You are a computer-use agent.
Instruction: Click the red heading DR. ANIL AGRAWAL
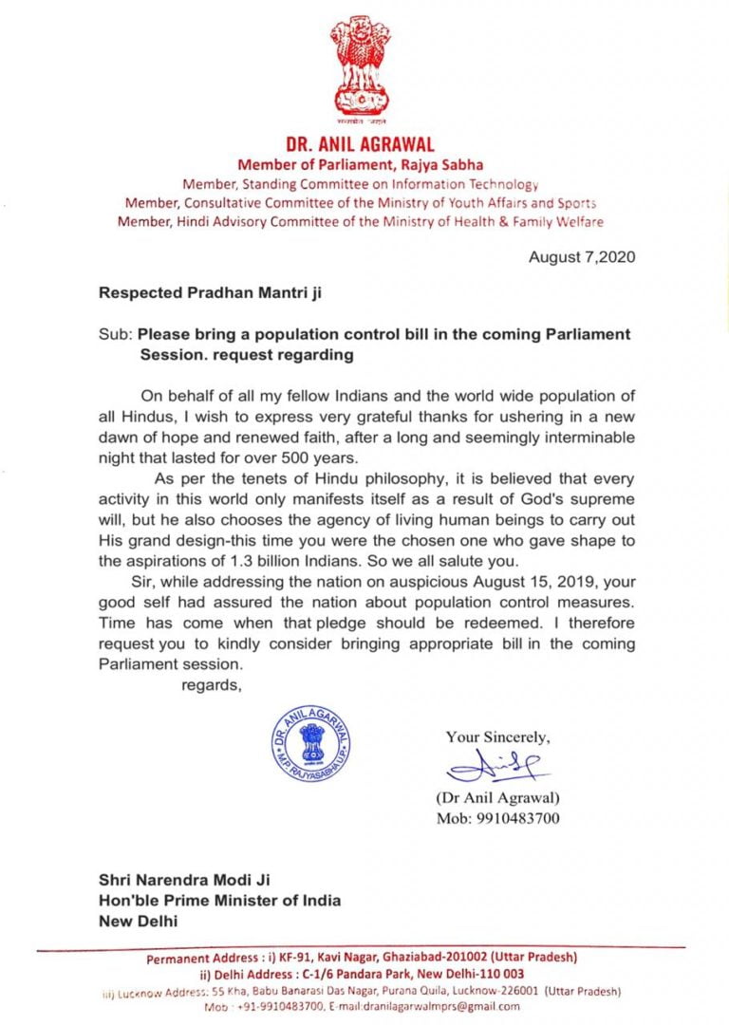pos(360,145)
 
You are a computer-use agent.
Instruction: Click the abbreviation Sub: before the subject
pos(115,335)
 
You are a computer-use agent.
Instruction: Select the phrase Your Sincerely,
pos(497,736)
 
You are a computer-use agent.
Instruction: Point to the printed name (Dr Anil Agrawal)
pos(497,798)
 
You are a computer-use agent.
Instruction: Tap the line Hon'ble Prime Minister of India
pos(220,900)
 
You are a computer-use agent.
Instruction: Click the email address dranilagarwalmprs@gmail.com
pos(448,1006)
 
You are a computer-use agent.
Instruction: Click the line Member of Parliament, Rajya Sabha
pos(360,165)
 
